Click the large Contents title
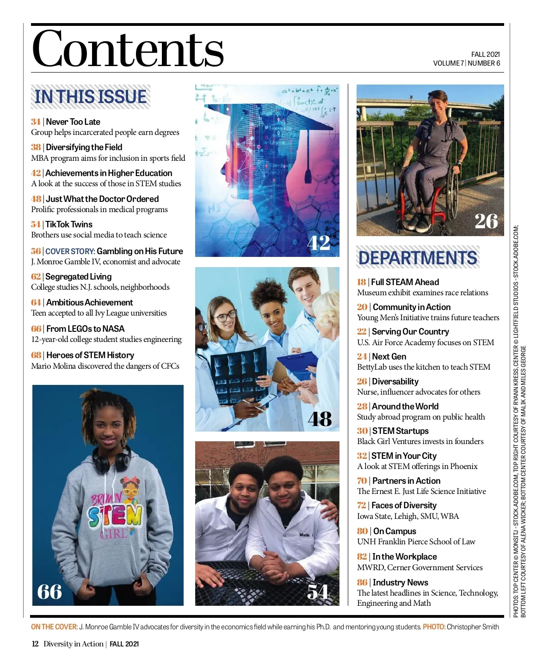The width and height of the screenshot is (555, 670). pos(128,49)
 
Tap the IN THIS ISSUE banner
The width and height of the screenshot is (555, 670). pos(91,97)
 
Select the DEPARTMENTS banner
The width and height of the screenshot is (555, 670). pos(418,257)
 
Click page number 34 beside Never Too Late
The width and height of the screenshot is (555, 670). pos(36,122)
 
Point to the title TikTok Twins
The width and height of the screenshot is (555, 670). pos(69,225)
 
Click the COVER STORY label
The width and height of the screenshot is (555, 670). pos(70,251)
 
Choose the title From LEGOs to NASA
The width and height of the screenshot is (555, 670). pos(85,329)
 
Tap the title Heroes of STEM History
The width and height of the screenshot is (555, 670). pos(90,355)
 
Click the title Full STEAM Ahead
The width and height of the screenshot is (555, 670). pos(405,282)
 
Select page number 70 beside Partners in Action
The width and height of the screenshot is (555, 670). pos(362,481)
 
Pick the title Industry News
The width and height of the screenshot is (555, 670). pos(400,582)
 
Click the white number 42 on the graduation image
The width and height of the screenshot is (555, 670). pos(319,243)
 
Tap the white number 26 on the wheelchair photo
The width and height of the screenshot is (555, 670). pos(486,221)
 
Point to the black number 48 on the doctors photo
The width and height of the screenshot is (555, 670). pos(320,419)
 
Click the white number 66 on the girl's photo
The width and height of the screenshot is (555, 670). pos(49,591)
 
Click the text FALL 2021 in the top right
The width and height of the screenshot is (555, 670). pos(485,54)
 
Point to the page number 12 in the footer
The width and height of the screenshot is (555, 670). pos(35,644)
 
